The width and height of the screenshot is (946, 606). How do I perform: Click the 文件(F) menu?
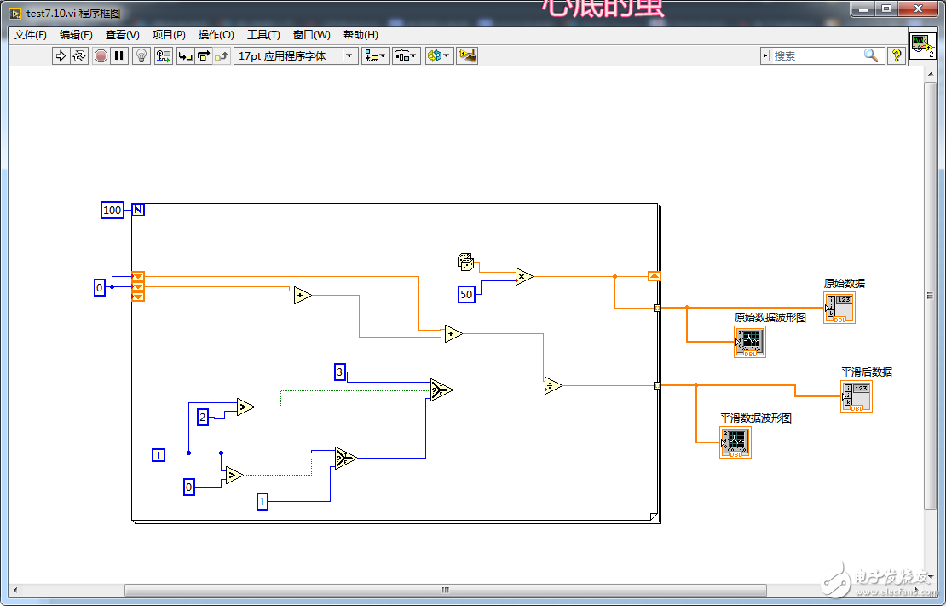(31, 35)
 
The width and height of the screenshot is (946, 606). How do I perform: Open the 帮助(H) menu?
(361, 35)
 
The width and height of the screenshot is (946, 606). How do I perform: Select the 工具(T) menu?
(263, 35)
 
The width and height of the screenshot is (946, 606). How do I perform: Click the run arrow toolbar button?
(61, 55)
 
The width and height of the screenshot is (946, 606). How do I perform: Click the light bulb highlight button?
(141, 55)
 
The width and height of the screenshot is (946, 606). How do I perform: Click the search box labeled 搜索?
(816, 55)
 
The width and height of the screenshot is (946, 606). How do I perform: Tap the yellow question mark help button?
(896, 55)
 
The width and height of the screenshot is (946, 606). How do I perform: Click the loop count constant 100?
(112, 210)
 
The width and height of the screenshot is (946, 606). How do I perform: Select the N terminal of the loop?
(138, 210)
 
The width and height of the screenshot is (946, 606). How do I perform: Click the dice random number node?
(466, 263)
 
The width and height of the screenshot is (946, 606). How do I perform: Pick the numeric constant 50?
(466, 294)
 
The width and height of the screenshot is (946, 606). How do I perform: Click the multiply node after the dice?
(524, 276)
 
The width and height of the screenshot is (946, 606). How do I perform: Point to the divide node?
(553, 386)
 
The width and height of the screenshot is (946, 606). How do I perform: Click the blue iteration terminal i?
(159, 454)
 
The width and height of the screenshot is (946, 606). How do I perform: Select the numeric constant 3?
(340, 372)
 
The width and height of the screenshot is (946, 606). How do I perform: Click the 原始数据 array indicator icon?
(839, 308)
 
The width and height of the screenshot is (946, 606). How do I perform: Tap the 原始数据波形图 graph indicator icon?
(750, 341)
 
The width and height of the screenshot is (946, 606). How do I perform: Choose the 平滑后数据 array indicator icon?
(857, 396)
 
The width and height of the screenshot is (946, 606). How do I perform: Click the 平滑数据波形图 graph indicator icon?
(735, 442)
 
